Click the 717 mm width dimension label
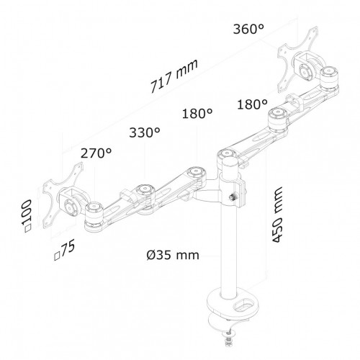[174, 76]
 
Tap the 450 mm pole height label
[277, 215]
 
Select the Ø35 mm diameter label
[173, 255]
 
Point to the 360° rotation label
[248, 30]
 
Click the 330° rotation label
[145, 132]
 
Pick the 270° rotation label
[96, 153]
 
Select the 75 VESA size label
[65, 250]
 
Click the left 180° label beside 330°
[197, 113]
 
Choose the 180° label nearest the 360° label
[252, 104]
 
